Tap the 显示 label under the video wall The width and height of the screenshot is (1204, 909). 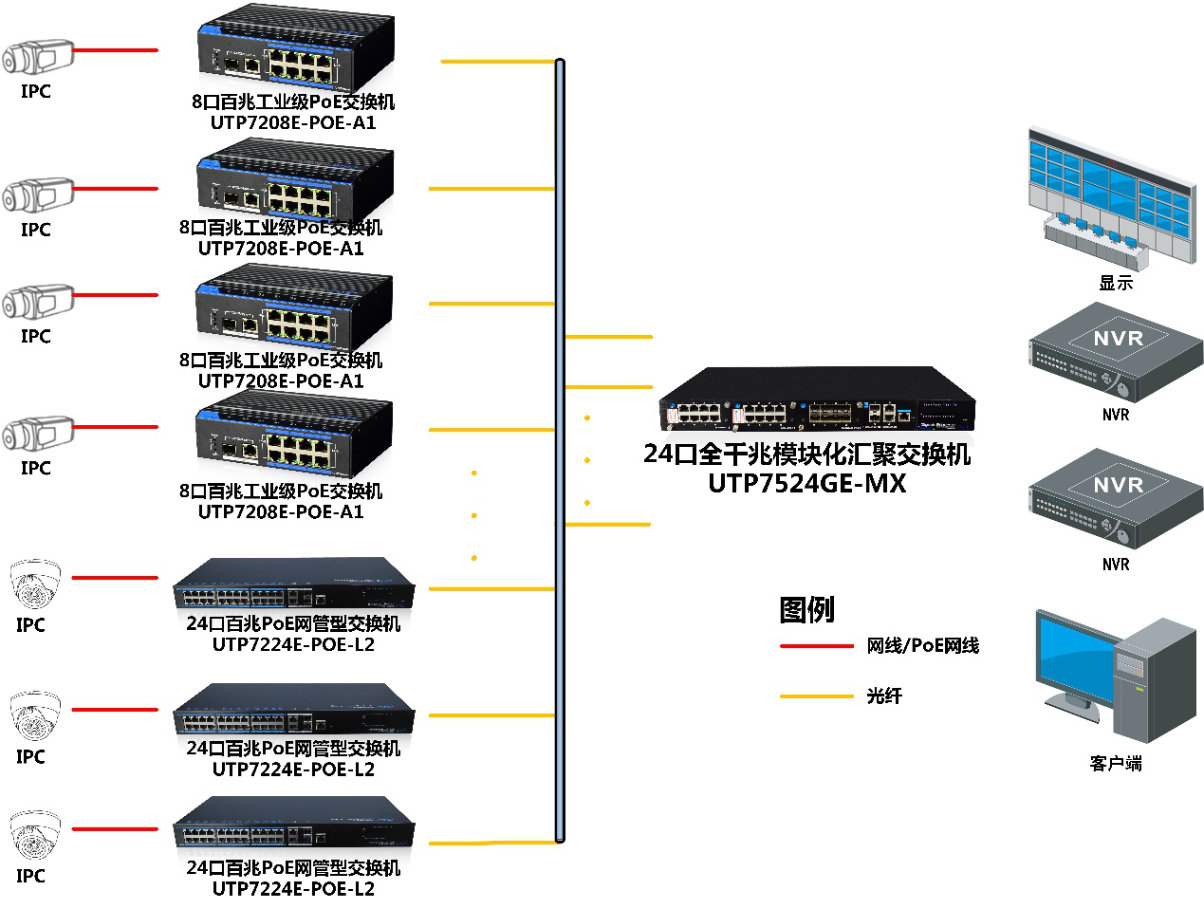click(1116, 283)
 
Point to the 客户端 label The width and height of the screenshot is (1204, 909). click(1116, 764)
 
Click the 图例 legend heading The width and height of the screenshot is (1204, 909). click(806, 609)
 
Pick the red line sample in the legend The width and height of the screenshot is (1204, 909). click(816, 646)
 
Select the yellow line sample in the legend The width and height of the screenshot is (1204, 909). click(816, 696)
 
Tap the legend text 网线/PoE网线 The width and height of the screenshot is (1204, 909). click(922, 646)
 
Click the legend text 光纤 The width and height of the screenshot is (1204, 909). click(883, 696)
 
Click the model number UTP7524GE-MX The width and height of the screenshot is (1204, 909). click(807, 484)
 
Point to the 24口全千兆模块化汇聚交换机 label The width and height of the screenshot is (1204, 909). click(807, 454)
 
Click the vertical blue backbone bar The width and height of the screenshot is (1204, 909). click(560, 451)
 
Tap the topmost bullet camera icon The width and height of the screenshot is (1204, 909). click(37, 58)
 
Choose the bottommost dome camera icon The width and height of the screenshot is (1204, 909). click(34, 835)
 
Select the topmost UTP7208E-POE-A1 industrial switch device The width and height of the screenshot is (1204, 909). click(295, 51)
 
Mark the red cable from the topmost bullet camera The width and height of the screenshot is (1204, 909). click(115, 50)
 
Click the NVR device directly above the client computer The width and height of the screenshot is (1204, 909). click(1116, 499)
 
